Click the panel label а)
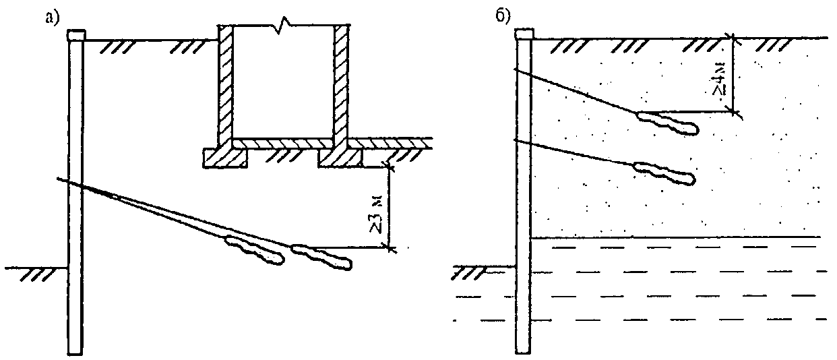(x=48, y=18)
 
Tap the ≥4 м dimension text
(x=721, y=78)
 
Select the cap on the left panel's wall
(x=75, y=34)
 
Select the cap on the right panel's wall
(x=524, y=34)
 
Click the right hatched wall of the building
(x=342, y=84)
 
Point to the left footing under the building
(x=226, y=157)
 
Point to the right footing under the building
(x=341, y=157)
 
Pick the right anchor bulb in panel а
(x=321, y=256)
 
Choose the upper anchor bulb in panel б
(x=667, y=122)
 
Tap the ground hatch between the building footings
(x=283, y=156)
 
